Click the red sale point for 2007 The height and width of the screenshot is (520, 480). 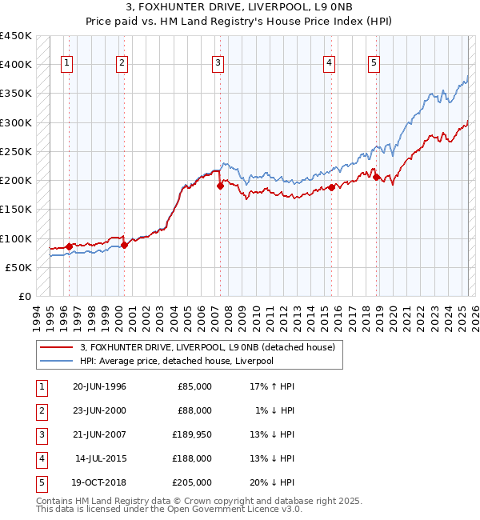pyautogui.click(x=220, y=186)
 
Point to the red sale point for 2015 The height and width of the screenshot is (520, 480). pyautogui.click(x=331, y=188)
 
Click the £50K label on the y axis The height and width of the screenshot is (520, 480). pyautogui.click(x=19, y=267)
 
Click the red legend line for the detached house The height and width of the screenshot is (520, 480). pyautogui.click(x=56, y=347)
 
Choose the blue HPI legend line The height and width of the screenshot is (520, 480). pyautogui.click(x=56, y=361)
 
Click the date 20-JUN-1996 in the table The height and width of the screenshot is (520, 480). pyautogui.click(x=99, y=386)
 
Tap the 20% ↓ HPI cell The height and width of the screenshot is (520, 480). pyautogui.click(x=271, y=482)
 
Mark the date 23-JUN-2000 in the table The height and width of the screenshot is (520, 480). pyautogui.click(x=99, y=410)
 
